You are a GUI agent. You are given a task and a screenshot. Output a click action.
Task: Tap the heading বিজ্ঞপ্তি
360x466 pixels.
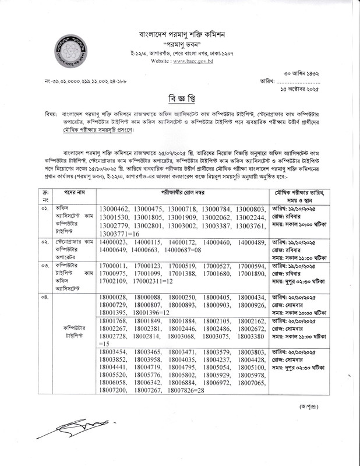click(x=179, y=96)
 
